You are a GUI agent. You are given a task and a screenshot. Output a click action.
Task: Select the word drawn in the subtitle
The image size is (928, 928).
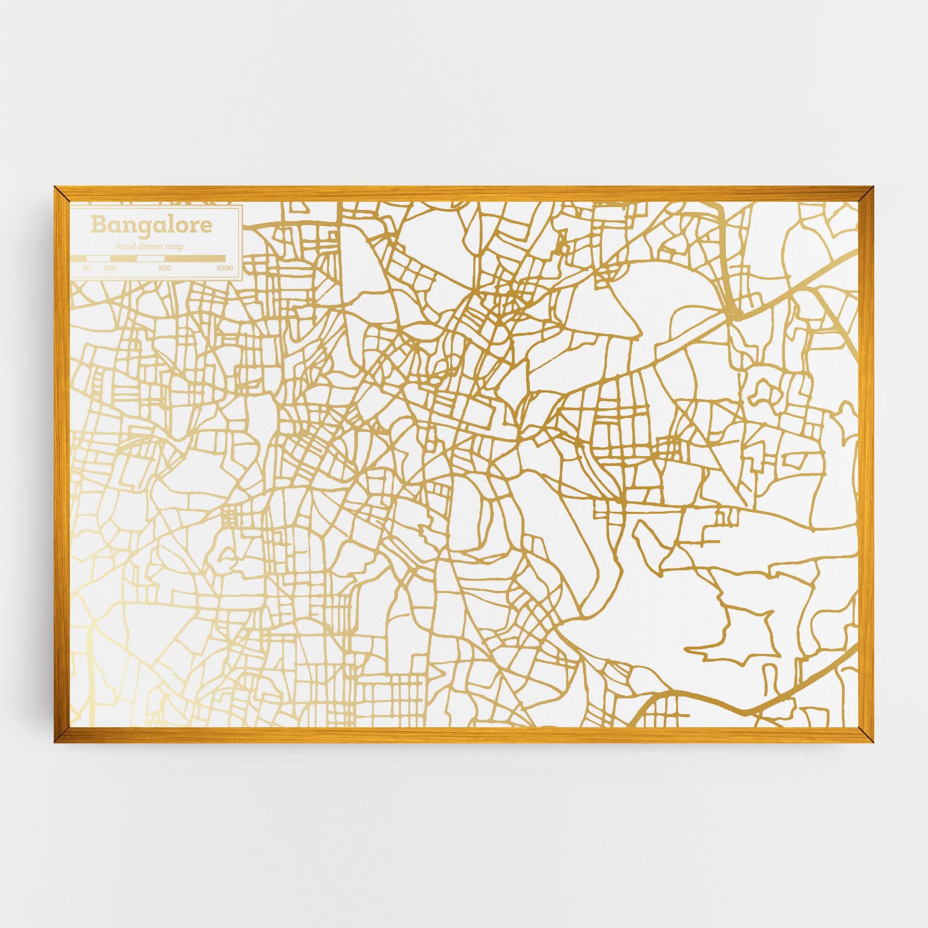tap(151, 247)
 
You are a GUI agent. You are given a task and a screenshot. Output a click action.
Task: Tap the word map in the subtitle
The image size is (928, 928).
tap(175, 248)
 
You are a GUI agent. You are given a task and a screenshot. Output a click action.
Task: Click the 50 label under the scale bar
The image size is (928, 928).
tap(87, 268)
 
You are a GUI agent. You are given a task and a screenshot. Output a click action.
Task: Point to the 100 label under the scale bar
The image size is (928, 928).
tap(110, 268)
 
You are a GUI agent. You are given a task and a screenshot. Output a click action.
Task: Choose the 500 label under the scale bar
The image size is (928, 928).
tap(165, 268)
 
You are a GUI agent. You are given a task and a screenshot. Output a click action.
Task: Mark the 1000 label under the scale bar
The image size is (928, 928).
tap(225, 268)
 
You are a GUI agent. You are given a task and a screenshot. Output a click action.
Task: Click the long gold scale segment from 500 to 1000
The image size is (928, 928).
tap(195, 258)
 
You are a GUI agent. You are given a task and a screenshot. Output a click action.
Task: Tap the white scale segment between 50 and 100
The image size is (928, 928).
tap(99, 258)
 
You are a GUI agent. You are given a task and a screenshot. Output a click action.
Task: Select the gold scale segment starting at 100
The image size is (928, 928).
tap(124, 258)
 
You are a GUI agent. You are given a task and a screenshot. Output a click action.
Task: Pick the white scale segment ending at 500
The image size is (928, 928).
tap(151, 258)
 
